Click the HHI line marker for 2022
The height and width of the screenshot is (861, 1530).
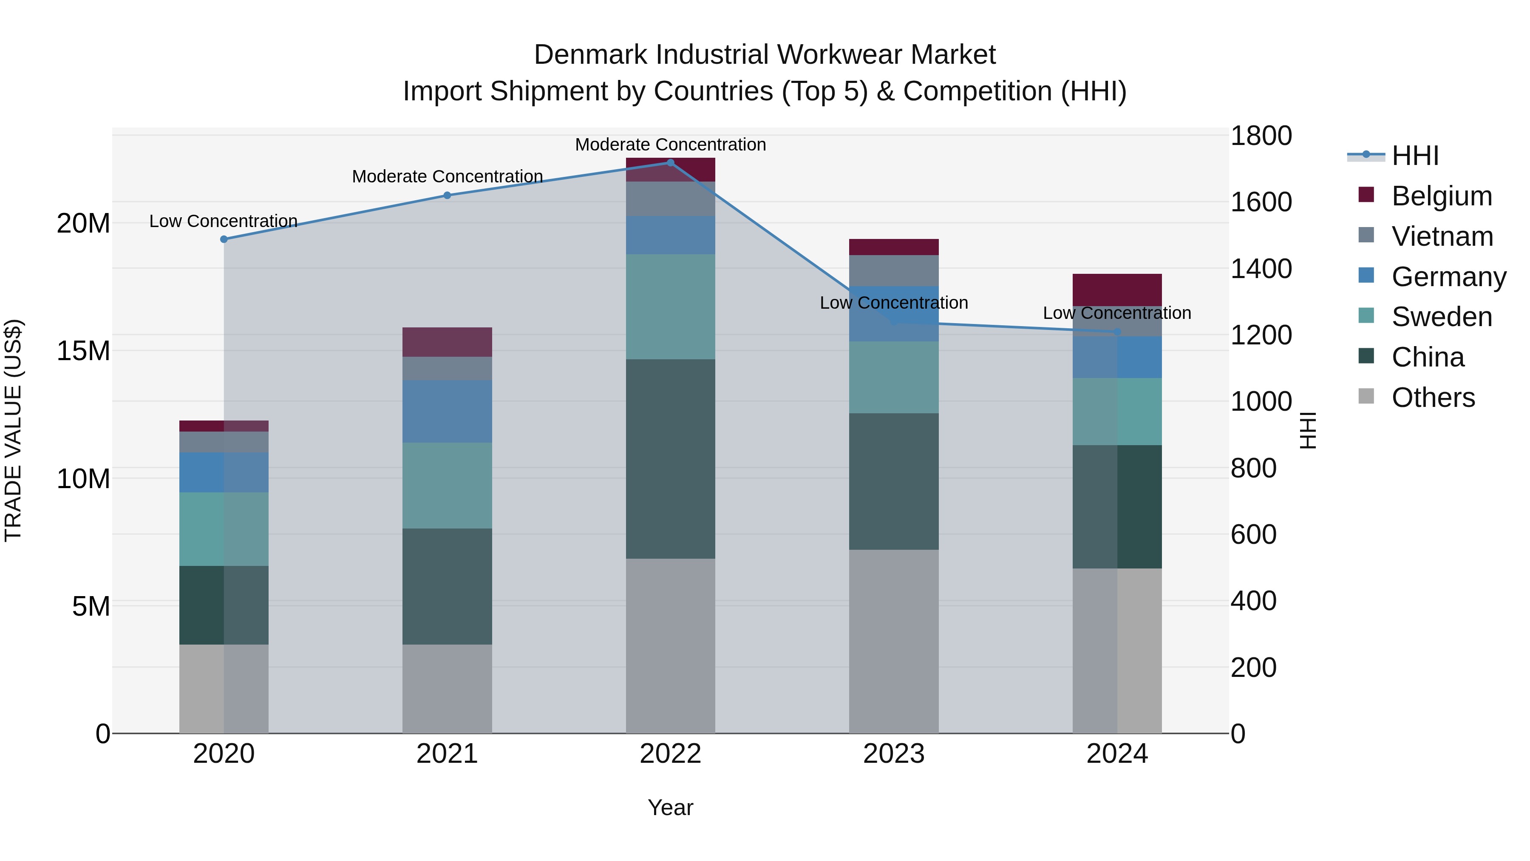(671, 162)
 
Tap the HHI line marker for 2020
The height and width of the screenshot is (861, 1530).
(224, 239)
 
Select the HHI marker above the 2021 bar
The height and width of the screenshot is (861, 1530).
(447, 195)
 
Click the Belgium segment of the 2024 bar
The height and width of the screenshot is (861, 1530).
(1116, 290)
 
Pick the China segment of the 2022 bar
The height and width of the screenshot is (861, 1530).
(671, 459)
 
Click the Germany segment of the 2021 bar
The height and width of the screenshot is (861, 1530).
(447, 411)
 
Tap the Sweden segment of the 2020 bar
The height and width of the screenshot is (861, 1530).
(224, 529)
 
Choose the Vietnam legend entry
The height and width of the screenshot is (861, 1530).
(1442, 236)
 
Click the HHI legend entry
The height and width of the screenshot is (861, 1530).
(1415, 156)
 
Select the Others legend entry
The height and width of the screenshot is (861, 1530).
(1433, 398)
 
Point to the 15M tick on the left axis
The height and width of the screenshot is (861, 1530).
(83, 351)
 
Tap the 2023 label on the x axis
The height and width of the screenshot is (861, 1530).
(893, 754)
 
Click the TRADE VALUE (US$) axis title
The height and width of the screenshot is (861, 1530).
(14, 430)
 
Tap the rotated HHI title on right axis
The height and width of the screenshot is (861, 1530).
(1308, 430)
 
